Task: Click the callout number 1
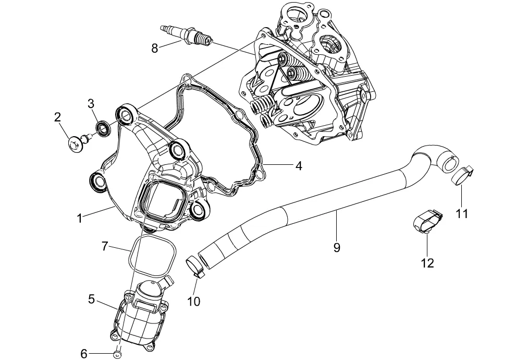click(x=79, y=219)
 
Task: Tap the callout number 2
click(x=57, y=117)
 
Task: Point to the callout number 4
click(x=298, y=166)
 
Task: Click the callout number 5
click(x=92, y=299)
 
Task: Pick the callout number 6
click(x=84, y=354)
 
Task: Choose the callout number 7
click(x=105, y=246)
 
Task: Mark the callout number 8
click(x=155, y=48)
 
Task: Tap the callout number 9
click(x=337, y=247)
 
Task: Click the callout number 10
click(x=194, y=301)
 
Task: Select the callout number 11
click(x=462, y=213)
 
